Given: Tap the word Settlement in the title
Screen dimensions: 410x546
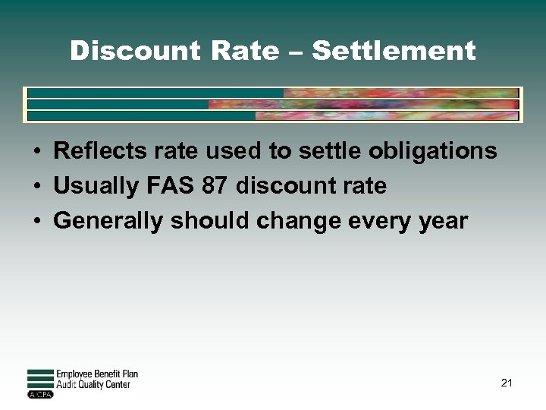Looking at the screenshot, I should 394,51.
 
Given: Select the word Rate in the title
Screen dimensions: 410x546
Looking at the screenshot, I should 245,51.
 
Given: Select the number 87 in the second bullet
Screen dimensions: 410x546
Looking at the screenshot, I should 218,186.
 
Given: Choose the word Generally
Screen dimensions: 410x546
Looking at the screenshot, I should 109,221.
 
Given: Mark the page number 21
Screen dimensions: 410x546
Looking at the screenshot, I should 507,383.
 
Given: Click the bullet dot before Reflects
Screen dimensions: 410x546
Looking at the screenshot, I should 36,152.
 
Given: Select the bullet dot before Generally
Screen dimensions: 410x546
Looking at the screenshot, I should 36,222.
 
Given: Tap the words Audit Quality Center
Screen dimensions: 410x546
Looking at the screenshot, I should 93,385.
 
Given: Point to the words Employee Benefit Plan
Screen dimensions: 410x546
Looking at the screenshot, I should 97,374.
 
